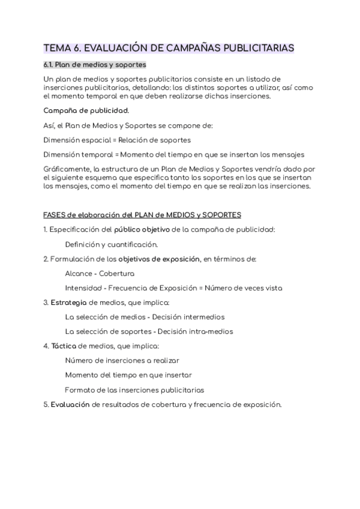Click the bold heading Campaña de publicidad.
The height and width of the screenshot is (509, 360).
point(86,110)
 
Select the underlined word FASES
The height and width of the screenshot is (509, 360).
point(56,215)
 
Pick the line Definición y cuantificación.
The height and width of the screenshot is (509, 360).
point(111,244)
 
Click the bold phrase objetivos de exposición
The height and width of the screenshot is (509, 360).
point(158,259)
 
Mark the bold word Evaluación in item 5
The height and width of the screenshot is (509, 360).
point(70,405)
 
